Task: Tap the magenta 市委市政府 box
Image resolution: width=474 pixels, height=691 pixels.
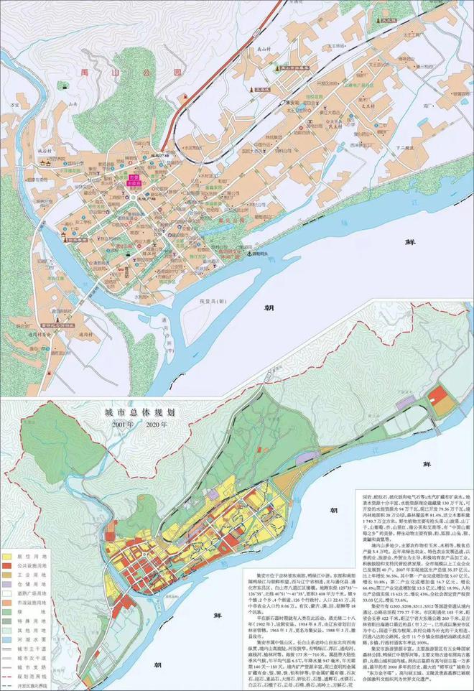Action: [x=134, y=180]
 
